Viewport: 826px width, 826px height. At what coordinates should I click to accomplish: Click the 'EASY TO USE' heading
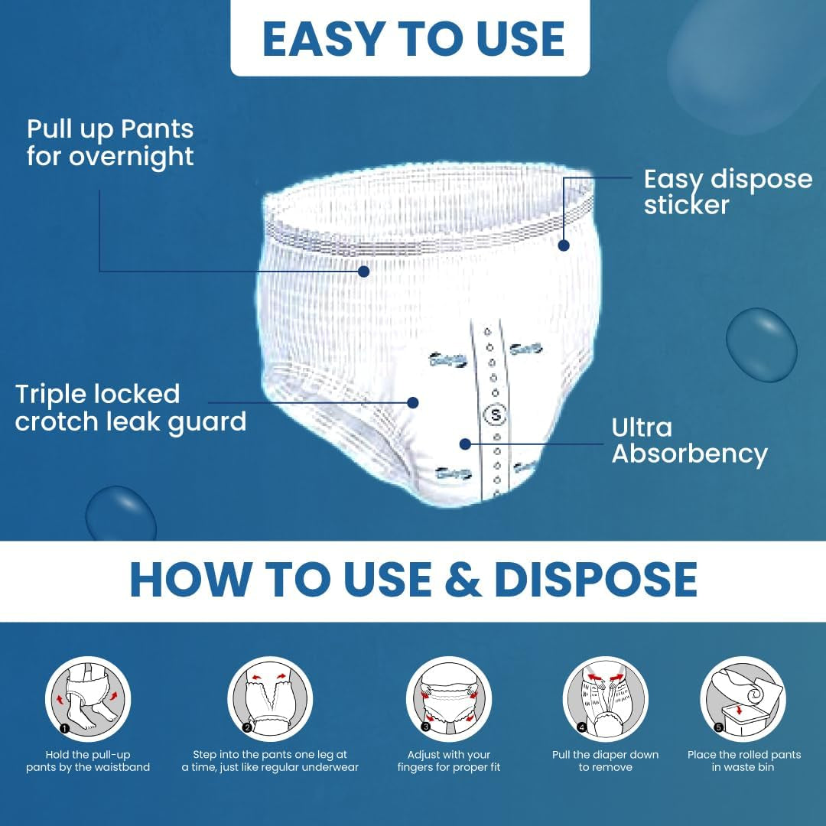click(413, 38)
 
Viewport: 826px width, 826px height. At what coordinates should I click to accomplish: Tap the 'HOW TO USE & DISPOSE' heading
click(414, 580)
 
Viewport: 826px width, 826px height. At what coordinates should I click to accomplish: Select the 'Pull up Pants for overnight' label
click(110, 143)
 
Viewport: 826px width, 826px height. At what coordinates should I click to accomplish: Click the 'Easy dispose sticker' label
click(727, 192)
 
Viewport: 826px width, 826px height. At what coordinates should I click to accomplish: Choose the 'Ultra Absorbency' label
click(689, 441)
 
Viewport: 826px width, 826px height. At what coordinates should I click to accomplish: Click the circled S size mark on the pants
click(495, 415)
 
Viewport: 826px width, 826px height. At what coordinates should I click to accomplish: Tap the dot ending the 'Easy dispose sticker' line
click(564, 245)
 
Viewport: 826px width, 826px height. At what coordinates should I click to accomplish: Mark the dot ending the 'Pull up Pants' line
click(363, 272)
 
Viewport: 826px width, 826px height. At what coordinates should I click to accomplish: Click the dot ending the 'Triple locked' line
click(413, 402)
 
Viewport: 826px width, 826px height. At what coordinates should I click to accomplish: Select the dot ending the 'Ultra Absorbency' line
click(465, 444)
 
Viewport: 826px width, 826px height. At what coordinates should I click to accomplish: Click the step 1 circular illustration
click(88, 699)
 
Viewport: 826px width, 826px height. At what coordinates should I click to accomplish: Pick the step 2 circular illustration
click(270, 699)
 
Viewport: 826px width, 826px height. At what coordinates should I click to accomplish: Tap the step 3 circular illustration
click(449, 699)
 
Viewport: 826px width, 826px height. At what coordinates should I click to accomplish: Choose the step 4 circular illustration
click(605, 699)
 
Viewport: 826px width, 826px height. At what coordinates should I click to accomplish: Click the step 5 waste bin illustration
click(743, 699)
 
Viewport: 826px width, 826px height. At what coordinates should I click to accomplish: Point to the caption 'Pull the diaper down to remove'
click(605, 761)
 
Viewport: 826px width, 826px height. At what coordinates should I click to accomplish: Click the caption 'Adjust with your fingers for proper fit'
click(449, 761)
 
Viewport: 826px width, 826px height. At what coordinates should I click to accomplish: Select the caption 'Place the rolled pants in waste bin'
click(744, 761)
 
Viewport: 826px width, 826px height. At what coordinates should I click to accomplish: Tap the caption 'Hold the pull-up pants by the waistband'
click(88, 761)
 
